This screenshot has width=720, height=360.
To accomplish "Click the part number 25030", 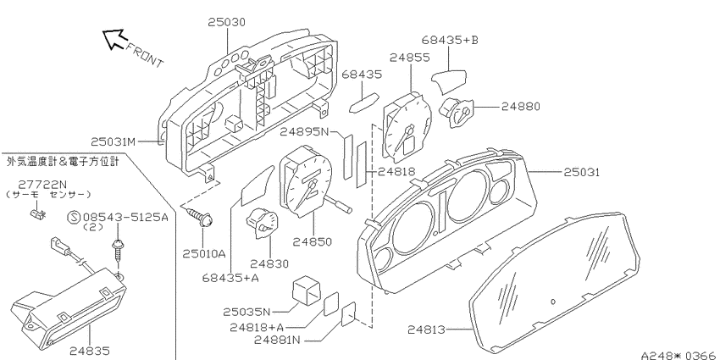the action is [226, 22].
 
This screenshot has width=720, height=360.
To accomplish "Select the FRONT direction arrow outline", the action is [114, 39].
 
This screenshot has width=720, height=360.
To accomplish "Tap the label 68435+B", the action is [450, 41].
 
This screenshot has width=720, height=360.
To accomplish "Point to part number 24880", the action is [520, 107].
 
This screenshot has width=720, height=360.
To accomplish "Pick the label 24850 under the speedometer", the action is [313, 242].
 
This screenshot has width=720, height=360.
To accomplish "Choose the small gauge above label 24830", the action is [263, 223].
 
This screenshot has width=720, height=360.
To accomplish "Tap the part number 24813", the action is [426, 330].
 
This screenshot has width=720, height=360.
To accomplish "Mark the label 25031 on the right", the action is [582, 172].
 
